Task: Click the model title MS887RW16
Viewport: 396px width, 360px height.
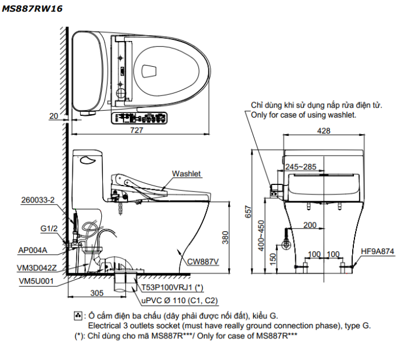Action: (x=32, y=9)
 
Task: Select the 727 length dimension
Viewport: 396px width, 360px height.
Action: (x=136, y=130)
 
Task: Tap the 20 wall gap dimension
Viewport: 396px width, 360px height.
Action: (x=54, y=116)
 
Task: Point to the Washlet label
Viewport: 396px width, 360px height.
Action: (x=186, y=174)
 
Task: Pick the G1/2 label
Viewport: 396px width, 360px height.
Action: (x=48, y=228)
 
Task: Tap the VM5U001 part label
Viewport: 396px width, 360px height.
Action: (x=33, y=280)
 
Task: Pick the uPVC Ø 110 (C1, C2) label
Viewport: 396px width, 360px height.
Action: (x=179, y=300)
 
